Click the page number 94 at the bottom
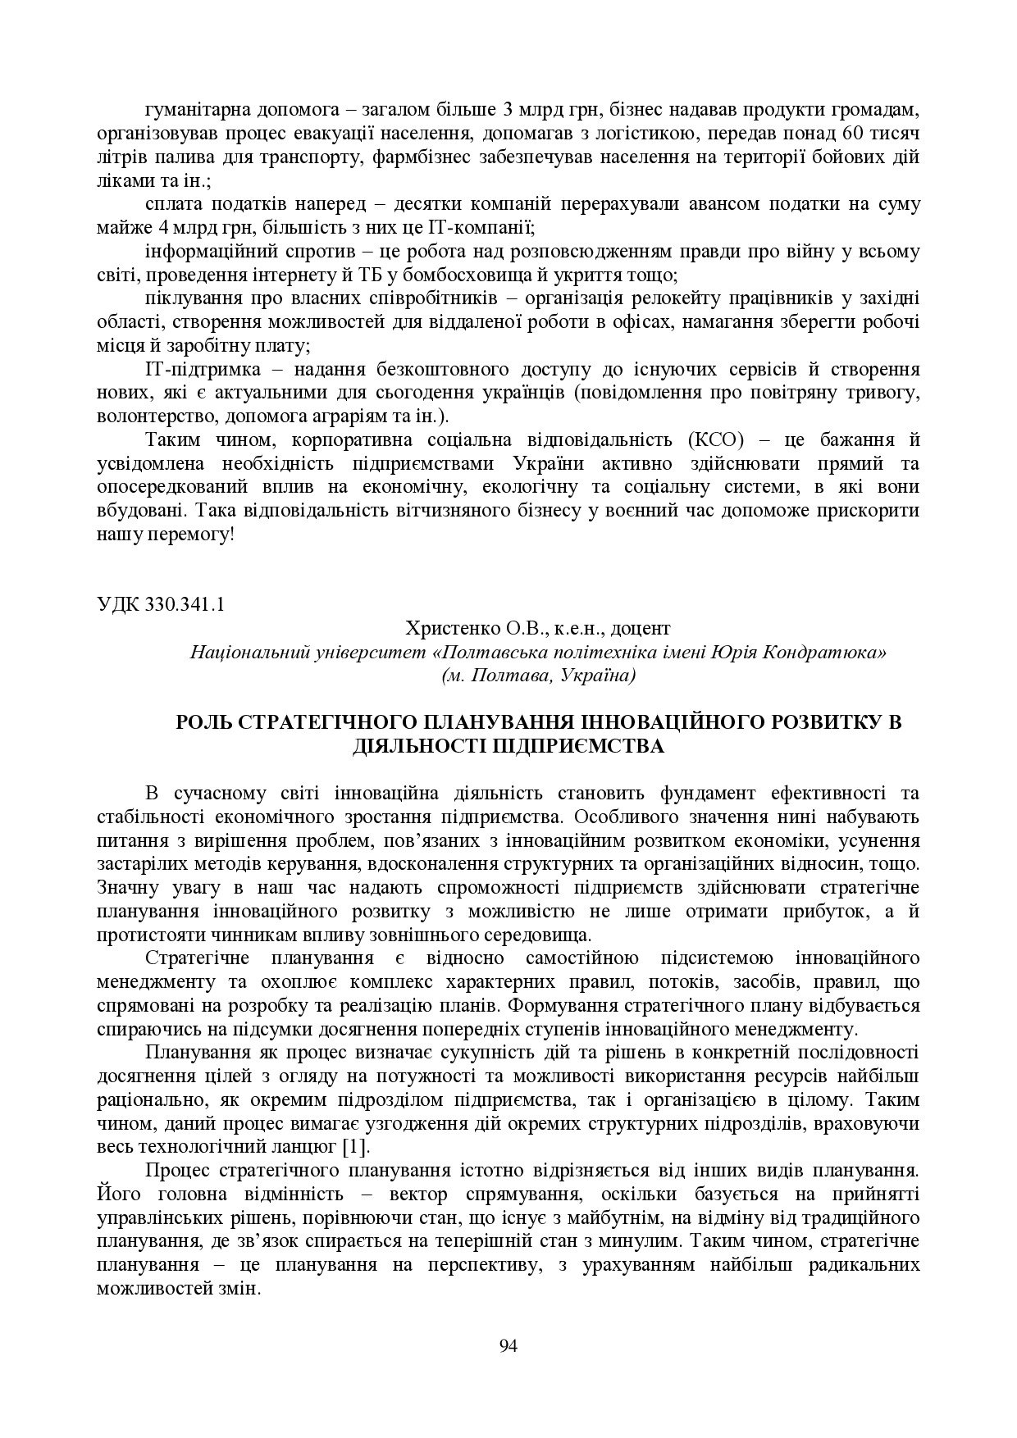[x=508, y=1345]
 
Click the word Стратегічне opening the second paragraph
[x=193, y=958]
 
